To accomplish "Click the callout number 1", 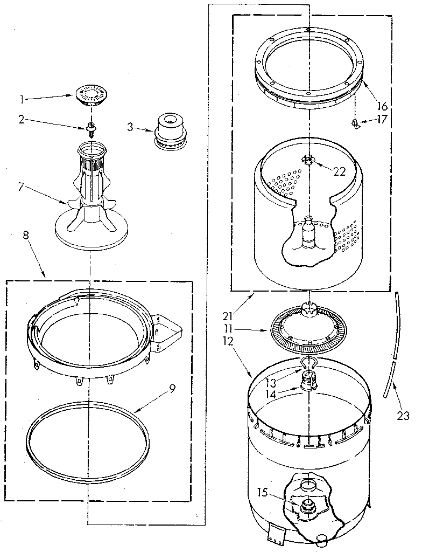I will [x=21, y=99].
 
